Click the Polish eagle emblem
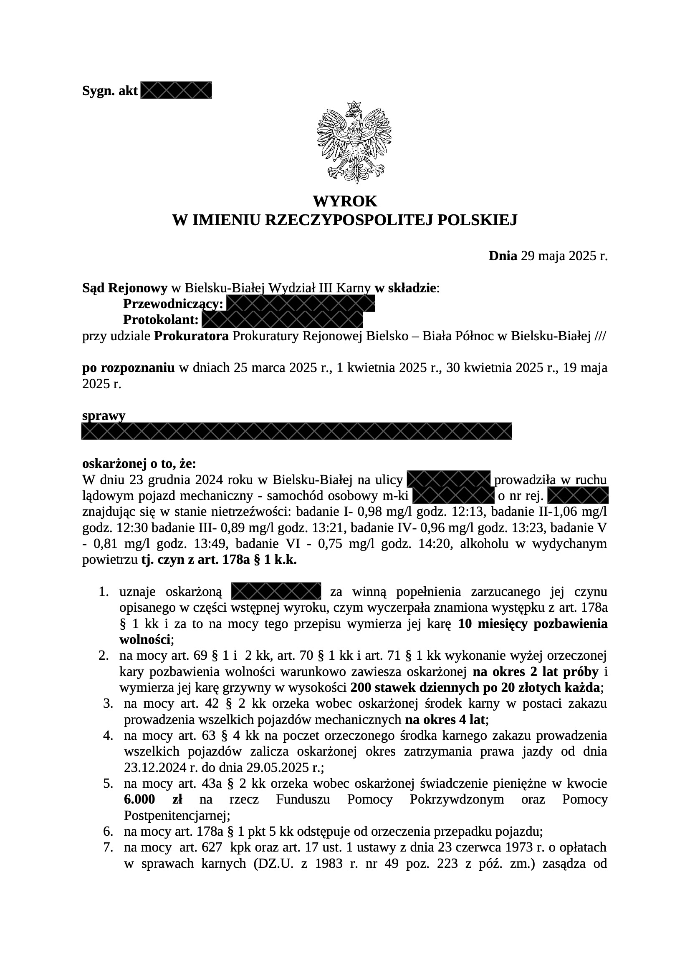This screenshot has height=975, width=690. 354,142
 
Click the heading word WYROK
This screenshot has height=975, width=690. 345,201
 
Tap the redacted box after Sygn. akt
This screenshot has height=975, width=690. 176,90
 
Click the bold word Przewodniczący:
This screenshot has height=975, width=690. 173,304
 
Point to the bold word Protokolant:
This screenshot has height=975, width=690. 161,319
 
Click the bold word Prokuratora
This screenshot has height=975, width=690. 191,336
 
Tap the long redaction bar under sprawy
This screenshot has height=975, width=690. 296,431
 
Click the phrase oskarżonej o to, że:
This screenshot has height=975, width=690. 139,464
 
